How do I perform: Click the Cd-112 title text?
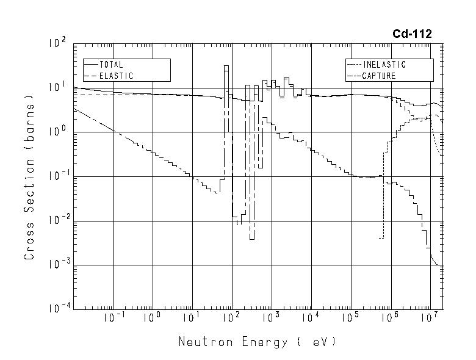tap(412, 34)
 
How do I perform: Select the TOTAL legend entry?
tap(111, 64)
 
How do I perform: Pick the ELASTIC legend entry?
tap(116, 76)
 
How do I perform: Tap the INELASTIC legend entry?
tap(384, 64)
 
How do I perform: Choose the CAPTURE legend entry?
tap(379, 76)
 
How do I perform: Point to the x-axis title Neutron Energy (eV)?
tap(257, 342)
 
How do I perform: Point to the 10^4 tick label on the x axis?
tap(311, 318)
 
